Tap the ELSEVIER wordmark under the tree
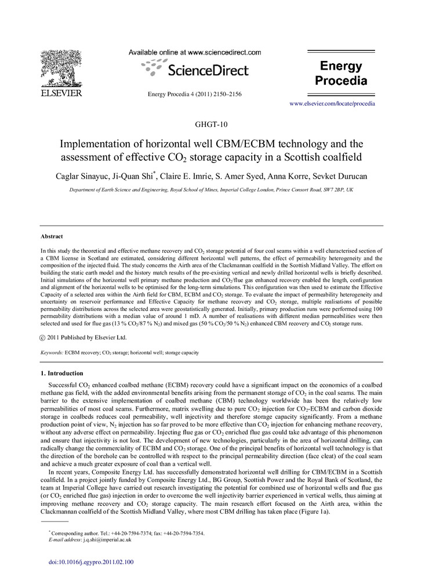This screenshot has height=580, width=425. coord(60,93)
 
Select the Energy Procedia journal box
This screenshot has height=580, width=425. coord(340,73)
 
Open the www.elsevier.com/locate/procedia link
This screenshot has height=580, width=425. coord(332,104)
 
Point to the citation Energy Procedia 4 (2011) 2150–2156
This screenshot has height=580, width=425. coord(195,94)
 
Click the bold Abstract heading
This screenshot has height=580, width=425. coord(52,237)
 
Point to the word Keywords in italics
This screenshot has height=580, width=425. coord(52,353)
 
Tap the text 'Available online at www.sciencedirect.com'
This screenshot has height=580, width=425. coord(195,52)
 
